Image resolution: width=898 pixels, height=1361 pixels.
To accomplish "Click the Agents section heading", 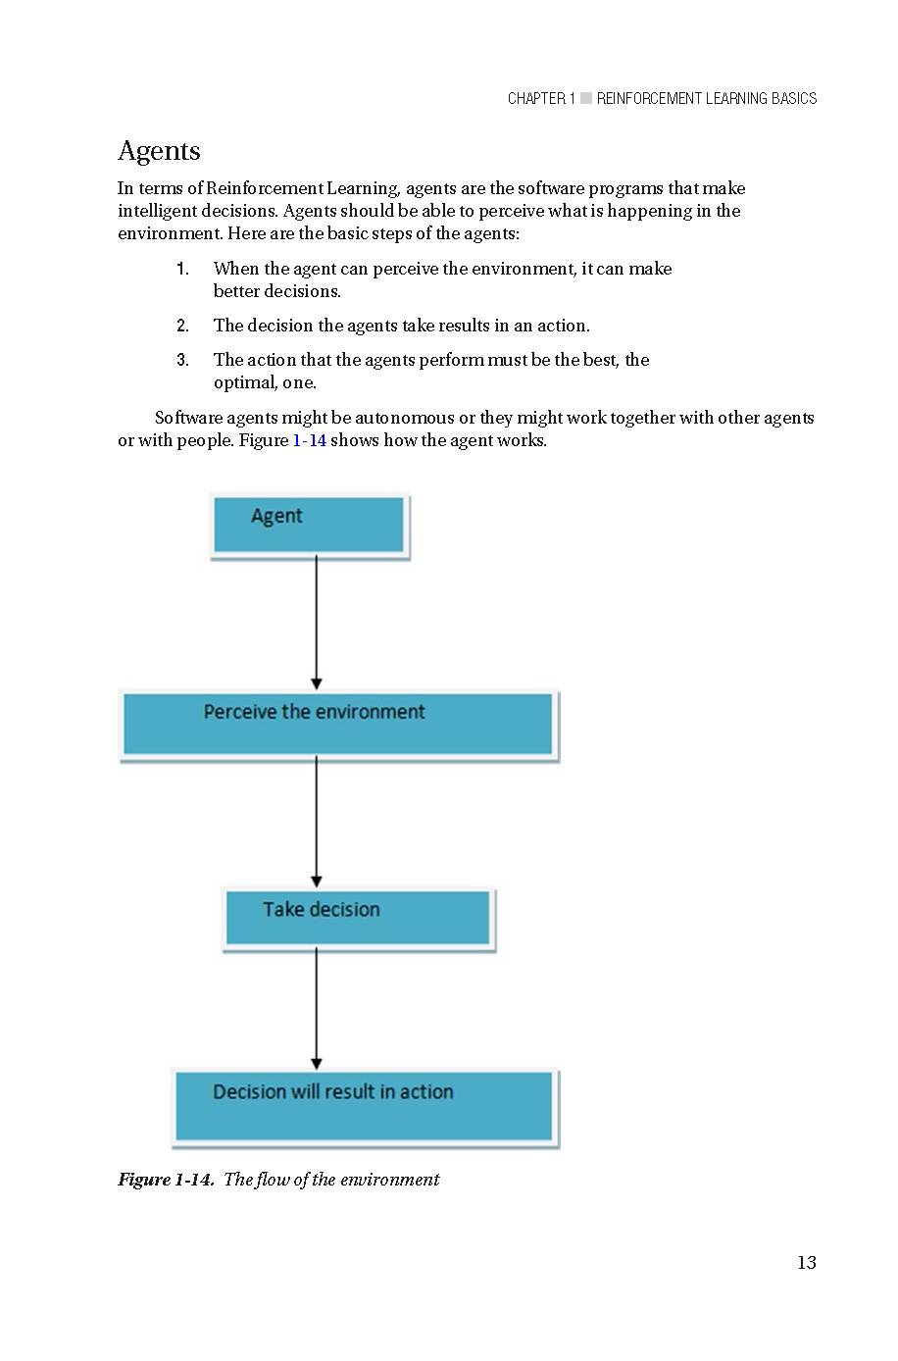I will click(x=159, y=151).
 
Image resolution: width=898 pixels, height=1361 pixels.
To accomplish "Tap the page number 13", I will click(x=806, y=1263).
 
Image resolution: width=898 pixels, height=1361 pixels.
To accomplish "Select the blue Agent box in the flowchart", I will click(x=309, y=526).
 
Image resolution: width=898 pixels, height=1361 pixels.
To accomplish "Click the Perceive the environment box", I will click(x=338, y=725).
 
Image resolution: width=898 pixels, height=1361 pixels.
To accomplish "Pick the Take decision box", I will click(x=358, y=918).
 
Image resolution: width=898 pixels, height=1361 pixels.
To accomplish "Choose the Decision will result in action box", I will click(x=365, y=1107).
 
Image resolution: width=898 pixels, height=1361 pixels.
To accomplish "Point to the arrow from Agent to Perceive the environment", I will click(x=316, y=624).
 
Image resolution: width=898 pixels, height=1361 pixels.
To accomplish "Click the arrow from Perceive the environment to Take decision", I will click(x=316, y=822).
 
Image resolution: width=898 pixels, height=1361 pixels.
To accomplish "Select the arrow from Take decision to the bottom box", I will click(x=316, y=1008).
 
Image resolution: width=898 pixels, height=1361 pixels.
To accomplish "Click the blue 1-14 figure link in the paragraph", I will click(x=309, y=440).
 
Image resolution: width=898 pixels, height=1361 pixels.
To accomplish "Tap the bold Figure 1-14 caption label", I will click(x=166, y=1180).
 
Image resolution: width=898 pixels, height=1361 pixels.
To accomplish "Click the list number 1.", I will click(x=182, y=269).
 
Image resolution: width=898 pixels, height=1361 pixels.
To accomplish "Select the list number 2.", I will click(x=182, y=326).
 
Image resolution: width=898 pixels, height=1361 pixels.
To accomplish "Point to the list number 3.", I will click(x=182, y=360).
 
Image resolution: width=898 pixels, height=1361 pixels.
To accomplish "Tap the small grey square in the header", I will click(x=586, y=98).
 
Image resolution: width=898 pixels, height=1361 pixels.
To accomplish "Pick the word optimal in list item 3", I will click(x=245, y=382).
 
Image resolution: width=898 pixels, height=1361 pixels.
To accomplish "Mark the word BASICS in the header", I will click(x=794, y=98).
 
